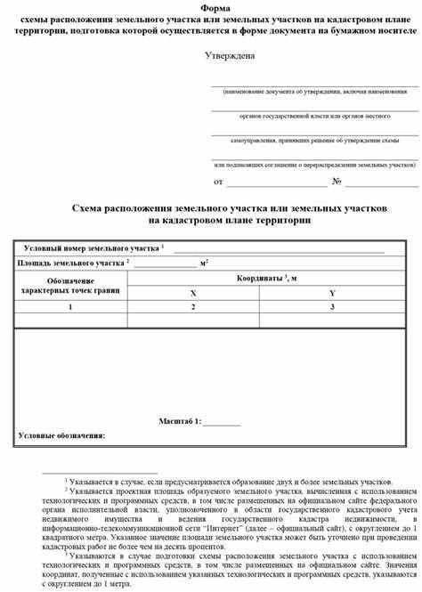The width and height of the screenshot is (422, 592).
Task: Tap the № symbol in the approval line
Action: click(337, 182)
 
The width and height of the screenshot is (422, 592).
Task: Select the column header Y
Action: click(332, 293)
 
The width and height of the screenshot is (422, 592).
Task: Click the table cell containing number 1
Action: click(70, 307)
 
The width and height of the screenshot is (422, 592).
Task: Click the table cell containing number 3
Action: click(332, 307)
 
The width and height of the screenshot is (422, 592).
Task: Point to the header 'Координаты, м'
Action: click(267, 279)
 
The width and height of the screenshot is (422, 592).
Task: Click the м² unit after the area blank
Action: click(205, 263)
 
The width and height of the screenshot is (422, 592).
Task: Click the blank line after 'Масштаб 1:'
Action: click(222, 421)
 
